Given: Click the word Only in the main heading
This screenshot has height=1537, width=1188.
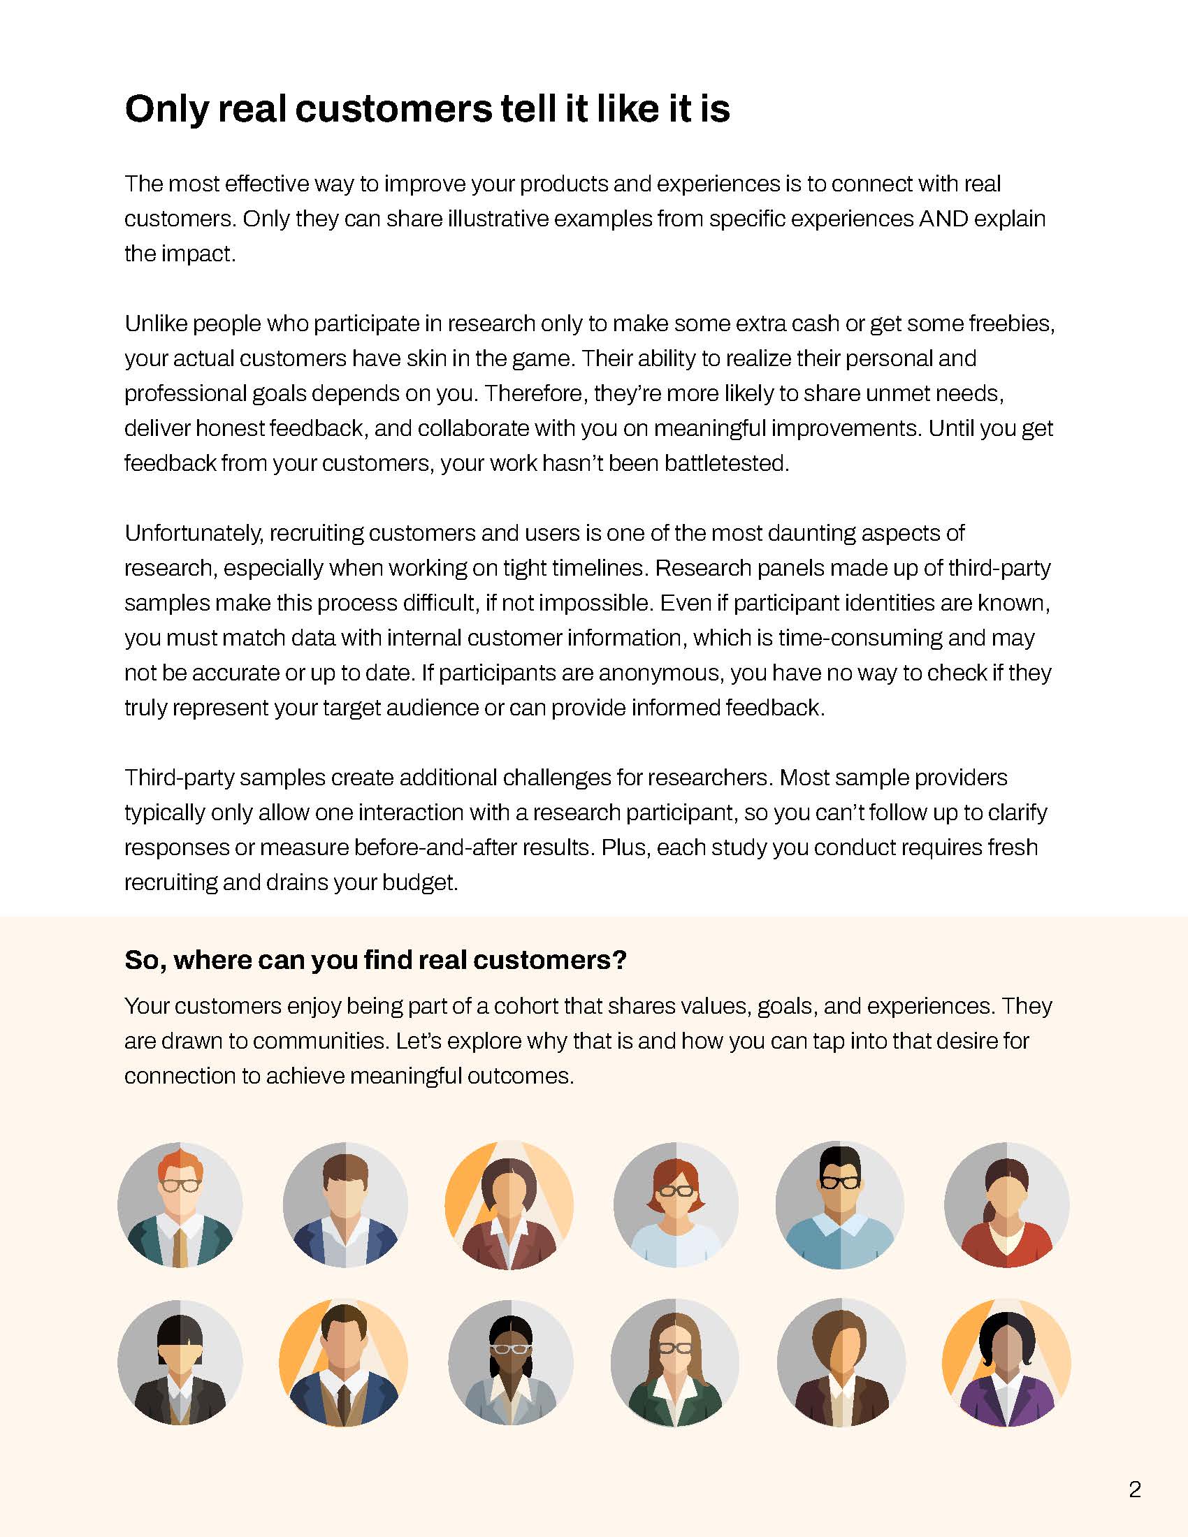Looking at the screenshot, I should click(x=166, y=110).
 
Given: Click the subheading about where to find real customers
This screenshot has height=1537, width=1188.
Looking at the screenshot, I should click(x=375, y=960).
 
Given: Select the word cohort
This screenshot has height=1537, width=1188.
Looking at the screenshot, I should click(x=526, y=1006).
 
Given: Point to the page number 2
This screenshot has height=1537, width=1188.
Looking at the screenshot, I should click(x=1134, y=1489).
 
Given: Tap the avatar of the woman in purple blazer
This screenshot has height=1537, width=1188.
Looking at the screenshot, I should click(x=1006, y=1363).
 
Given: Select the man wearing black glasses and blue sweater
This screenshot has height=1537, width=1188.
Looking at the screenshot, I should click(x=839, y=1205).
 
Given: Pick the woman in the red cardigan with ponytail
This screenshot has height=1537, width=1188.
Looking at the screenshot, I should click(x=1006, y=1205).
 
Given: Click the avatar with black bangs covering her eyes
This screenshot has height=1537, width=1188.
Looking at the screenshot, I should click(x=180, y=1363).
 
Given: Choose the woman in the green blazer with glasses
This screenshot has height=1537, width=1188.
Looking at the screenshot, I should click(x=675, y=1363).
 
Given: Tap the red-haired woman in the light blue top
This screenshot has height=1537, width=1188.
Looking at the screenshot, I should click(x=676, y=1205).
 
